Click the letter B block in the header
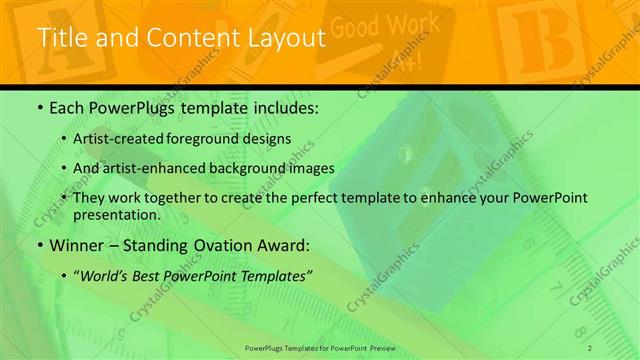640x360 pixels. click(x=531, y=35)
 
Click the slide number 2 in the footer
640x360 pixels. click(x=591, y=347)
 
